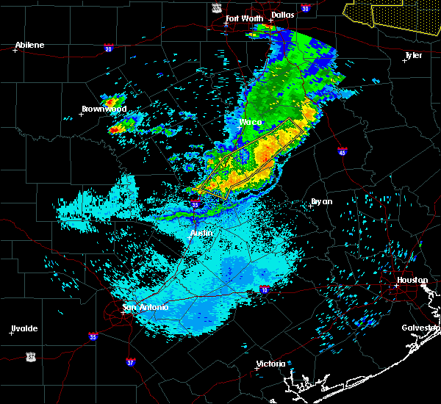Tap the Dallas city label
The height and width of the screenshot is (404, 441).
[282, 14]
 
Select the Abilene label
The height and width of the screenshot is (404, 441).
[29, 45]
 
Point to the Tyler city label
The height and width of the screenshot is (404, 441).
[415, 55]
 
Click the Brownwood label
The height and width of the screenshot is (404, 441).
[104, 109]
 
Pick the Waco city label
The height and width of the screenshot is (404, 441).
[251, 122]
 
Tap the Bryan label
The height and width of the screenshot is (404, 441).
[321, 201]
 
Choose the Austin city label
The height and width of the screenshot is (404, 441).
[201, 233]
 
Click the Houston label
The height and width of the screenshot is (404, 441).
[412, 280]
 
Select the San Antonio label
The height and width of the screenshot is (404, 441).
[146, 307]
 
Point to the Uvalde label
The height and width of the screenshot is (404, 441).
[24, 328]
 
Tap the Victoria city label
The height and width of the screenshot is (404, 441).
[270, 364]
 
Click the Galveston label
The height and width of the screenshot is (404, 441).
[420, 328]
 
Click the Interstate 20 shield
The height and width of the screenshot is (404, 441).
[109, 49]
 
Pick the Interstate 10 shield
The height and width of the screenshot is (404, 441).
[263, 290]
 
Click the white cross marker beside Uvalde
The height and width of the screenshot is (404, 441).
[11, 333]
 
